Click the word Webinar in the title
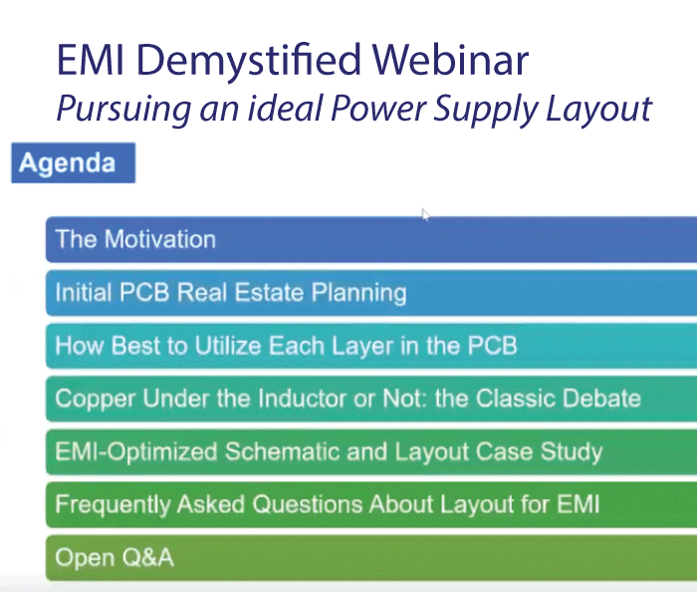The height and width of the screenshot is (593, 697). coord(451,60)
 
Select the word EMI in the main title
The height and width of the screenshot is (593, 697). coord(91,60)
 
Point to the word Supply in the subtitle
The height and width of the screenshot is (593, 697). coord(486,110)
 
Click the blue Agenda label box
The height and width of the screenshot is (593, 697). coord(74,162)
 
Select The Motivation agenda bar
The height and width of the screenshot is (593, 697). coord(371,239)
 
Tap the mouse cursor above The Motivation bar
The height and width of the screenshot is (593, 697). coord(426,215)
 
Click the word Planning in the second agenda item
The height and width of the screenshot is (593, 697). coord(358,294)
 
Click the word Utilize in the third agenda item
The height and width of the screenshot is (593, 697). coord(228,345)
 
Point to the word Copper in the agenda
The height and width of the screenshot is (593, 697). coord(96,399)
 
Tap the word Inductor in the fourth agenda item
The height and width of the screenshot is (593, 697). coord(302,398)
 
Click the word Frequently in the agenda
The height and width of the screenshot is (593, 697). coord(113,505)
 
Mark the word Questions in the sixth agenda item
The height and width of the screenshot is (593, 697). coord(307,504)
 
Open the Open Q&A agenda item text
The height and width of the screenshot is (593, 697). coord(115,558)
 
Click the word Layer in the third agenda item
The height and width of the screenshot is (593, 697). coord(361,347)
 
